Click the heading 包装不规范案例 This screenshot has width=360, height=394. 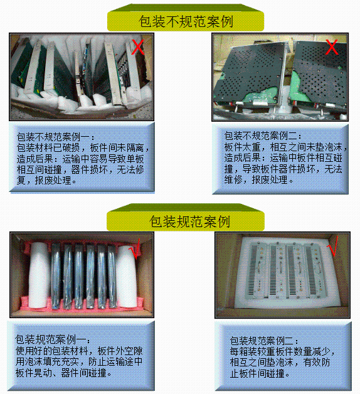pyautogui.click(x=186, y=21)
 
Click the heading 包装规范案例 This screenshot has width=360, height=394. pyautogui.click(x=189, y=221)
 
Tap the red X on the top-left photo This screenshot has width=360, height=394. pyautogui.click(x=138, y=47)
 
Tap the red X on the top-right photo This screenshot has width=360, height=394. pyautogui.click(x=332, y=46)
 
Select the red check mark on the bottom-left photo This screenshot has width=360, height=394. pyautogui.click(x=135, y=249)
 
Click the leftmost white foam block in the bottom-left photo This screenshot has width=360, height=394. pyautogui.click(x=38, y=275)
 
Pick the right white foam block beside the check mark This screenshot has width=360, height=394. pyautogui.click(x=126, y=277)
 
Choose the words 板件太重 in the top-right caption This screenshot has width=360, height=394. pyautogui.click(x=243, y=147)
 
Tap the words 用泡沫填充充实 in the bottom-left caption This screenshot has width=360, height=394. pyautogui.click(x=47, y=362)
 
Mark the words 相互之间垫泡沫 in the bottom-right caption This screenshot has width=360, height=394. pyautogui.click(x=262, y=363)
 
